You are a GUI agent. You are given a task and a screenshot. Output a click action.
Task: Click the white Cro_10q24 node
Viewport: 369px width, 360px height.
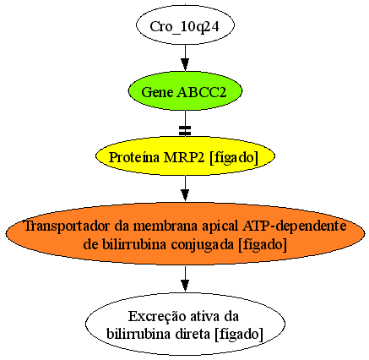tap(185, 25)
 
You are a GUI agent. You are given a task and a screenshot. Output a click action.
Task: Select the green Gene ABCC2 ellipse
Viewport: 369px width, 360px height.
tap(185, 91)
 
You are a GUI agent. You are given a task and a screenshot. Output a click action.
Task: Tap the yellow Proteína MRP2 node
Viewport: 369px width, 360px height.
tap(185, 156)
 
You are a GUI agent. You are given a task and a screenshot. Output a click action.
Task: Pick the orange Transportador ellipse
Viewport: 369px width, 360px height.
tap(185, 233)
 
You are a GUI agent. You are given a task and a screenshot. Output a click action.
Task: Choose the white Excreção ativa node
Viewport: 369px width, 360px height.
tap(185, 325)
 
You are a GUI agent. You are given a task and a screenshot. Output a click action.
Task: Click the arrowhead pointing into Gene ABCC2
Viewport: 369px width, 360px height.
tap(185, 64)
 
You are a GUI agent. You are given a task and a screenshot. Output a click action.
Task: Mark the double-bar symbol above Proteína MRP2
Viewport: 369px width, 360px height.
tap(185, 130)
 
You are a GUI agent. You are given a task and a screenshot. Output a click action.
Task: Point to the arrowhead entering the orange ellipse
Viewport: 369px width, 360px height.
tap(185, 195)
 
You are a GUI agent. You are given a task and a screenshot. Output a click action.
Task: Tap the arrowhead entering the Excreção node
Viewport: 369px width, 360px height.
tap(185, 286)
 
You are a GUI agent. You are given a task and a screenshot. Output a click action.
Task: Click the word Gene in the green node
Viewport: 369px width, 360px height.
tap(157, 92)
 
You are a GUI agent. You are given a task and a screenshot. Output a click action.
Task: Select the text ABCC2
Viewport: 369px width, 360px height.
tap(201, 92)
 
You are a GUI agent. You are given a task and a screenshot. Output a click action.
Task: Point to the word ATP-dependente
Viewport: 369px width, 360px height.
tap(295, 226)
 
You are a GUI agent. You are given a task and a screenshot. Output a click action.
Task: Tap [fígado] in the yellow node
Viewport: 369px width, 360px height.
tap(234, 157)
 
